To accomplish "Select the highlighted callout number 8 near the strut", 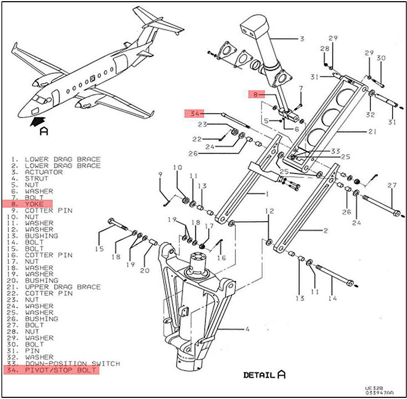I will tap(254, 94).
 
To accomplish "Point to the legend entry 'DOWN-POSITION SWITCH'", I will tap(72, 363).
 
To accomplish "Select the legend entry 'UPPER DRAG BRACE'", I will tap(62, 287).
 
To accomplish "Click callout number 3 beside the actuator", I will tap(302, 39).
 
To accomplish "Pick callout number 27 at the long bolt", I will tap(393, 185).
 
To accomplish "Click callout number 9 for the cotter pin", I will tap(160, 175).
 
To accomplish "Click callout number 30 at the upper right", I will tap(380, 58).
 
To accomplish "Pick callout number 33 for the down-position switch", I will tap(335, 151).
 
